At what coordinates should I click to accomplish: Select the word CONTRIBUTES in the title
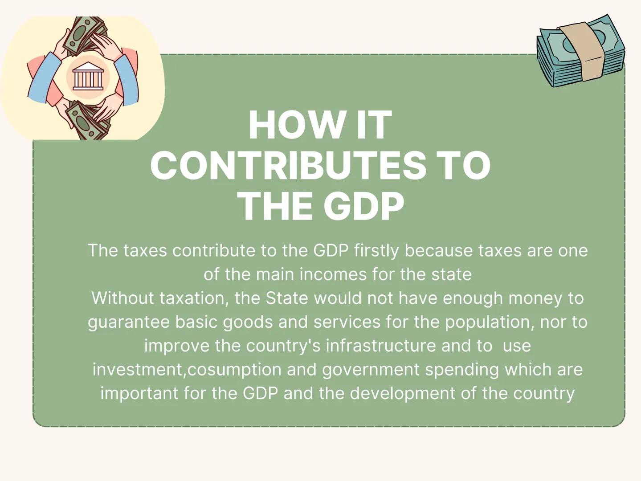click(288, 166)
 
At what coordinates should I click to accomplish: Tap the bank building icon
click(88, 77)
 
